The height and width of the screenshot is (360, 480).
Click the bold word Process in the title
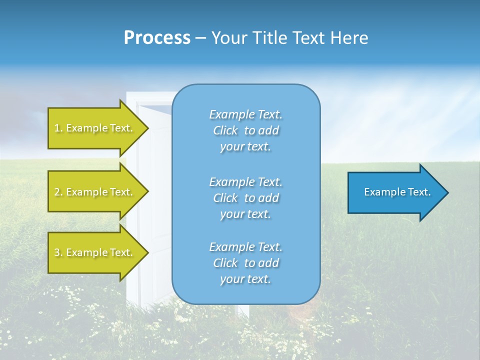pyautogui.click(x=157, y=38)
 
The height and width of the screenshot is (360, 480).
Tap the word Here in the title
pyautogui.click(x=349, y=38)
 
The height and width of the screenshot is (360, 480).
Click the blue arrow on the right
pyautogui.click(x=397, y=192)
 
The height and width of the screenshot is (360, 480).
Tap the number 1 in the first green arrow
pyautogui.click(x=57, y=128)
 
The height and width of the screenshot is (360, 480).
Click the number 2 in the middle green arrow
pyautogui.click(x=57, y=192)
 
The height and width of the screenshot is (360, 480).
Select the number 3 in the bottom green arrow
pyautogui.click(x=57, y=252)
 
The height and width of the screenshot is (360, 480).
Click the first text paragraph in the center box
pyautogui.click(x=245, y=130)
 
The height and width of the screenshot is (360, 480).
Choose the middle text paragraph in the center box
pyautogui.click(x=245, y=197)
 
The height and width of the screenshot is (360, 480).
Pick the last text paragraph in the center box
pyautogui.click(x=245, y=263)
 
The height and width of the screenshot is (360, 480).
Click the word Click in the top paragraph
pyautogui.click(x=225, y=130)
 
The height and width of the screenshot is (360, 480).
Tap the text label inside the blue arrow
pyautogui.click(x=397, y=192)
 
